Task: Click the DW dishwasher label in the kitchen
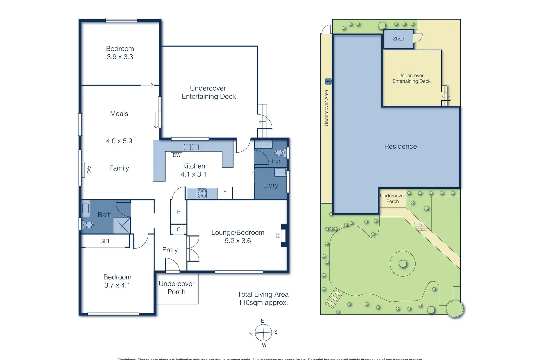[177, 155]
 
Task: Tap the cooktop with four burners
[202, 193]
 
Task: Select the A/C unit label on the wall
[89, 169]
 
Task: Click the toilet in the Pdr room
[280, 153]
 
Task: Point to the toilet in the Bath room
[88, 225]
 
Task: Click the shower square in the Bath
[122, 225]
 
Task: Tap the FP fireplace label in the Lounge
[278, 235]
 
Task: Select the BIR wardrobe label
[105, 241]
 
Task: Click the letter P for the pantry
[179, 212]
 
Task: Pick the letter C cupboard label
[179, 229]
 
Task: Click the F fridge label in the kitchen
[225, 193]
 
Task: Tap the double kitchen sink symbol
[191, 147]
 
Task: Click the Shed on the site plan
[398, 39]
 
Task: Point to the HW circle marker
[328, 81]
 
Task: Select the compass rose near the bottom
[263, 333]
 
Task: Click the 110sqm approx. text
[263, 303]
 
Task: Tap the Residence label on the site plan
[400, 146]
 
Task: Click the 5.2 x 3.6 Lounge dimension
[238, 241]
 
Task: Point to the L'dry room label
[270, 185]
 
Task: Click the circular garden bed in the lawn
[403, 264]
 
